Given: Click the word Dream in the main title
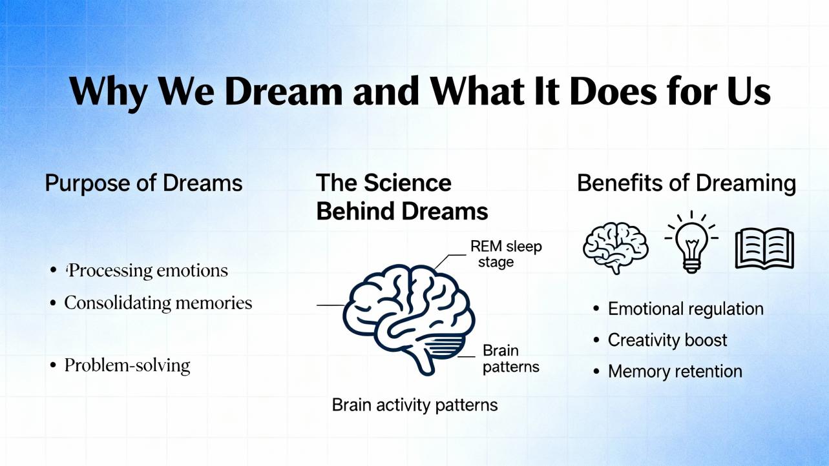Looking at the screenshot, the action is (284, 91).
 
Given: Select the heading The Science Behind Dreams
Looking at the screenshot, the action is (402, 197).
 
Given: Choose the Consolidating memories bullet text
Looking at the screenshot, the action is (158, 303).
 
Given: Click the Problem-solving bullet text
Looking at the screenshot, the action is (127, 365).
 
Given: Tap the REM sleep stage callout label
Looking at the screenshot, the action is (505, 254).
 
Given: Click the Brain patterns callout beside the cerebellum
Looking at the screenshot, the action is (510, 359).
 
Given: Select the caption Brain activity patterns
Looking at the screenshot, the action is (415, 405).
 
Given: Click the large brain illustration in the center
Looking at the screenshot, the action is (408, 319).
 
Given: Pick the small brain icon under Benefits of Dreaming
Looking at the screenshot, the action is (616, 247).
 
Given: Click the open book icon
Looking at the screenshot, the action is (764, 248).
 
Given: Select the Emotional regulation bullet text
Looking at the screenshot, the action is (686, 309).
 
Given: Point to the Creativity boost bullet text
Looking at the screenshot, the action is (667, 340).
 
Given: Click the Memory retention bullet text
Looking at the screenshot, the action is (675, 371).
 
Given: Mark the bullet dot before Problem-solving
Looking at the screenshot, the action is (53, 365).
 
